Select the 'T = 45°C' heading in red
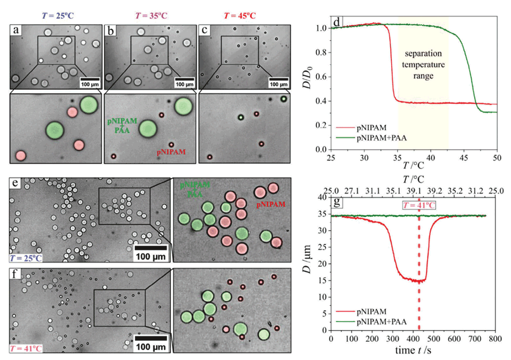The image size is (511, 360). point(240,15)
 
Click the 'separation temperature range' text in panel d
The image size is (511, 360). point(423,65)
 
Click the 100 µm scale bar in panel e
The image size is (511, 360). point(151,250)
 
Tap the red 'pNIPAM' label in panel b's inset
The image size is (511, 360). point(172,153)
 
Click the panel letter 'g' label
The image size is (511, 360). point(337,202)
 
